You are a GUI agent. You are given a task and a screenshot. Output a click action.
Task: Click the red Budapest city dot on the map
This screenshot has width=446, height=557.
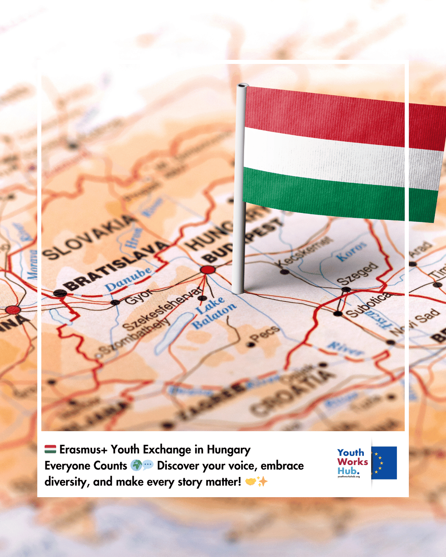(x=208, y=270)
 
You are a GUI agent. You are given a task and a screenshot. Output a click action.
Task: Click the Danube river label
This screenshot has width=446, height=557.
(x=128, y=279)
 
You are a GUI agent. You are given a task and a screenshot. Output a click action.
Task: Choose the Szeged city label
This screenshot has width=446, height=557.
(x=358, y=274)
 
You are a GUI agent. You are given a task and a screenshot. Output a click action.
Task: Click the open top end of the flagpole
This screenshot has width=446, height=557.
(x=242, y=86)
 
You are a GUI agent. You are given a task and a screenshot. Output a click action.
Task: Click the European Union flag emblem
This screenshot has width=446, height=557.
(x=384, y=463)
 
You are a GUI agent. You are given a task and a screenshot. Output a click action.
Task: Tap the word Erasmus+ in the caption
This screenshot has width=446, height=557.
(x=83, y=449)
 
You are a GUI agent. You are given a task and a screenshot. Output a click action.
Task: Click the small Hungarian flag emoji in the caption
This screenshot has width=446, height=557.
(x=50, y=449)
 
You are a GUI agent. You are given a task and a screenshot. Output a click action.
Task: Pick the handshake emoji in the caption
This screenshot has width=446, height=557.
(x=251, y=481)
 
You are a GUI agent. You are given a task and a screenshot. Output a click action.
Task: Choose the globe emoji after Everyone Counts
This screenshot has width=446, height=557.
(x=136, y=465)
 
